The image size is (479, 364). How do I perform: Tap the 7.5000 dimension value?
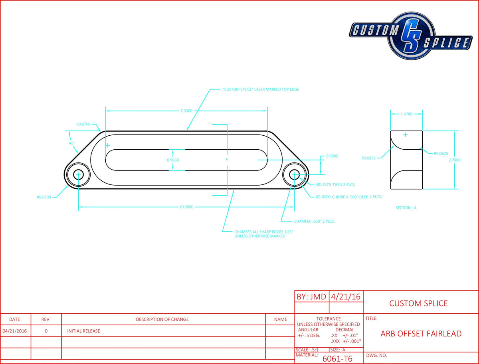tap(186, 111)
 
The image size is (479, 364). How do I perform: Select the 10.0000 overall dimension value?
tap(186, 207)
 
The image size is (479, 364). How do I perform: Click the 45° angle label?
tap(71, 143)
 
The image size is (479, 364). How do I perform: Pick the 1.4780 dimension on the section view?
tap(406, 114)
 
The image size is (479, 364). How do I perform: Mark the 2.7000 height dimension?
tap(455, 160)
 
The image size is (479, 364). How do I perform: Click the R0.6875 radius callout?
tap(369, 158)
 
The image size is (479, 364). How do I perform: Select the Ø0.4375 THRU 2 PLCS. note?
tap(336, 185)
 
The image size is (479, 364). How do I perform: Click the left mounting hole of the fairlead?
tap(78, 175)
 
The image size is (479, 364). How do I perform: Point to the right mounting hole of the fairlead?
tap(295, 175)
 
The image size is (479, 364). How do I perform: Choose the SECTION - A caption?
tap(406, 208)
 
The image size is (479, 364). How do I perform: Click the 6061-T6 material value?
tap(337, 359)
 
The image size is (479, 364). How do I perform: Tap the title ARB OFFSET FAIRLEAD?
tap(421, 334)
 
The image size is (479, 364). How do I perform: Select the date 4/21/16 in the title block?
tap(346, 297)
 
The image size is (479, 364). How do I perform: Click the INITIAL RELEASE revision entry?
tap(84, 331)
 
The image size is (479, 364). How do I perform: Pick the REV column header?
tap(46, 319)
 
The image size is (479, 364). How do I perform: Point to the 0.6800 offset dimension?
tap(332, 156)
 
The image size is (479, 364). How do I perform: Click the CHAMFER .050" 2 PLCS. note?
tap(315, 221)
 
